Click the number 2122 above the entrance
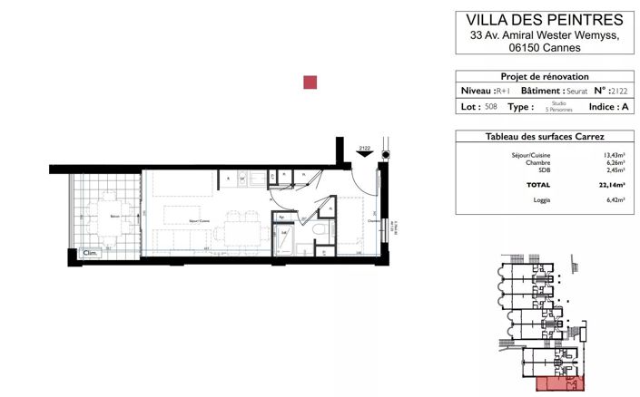(x=364, y=147)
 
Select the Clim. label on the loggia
(x=90, y=254)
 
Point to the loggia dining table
(x=106, y=219)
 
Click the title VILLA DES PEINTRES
(x=545, y=19)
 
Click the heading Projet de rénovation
(x=545, y=77)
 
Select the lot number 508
(x=491, y=107)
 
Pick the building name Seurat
(x=575, y=92)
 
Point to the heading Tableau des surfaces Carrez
(x=545, y=136)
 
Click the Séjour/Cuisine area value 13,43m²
(x=615, y=155)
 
